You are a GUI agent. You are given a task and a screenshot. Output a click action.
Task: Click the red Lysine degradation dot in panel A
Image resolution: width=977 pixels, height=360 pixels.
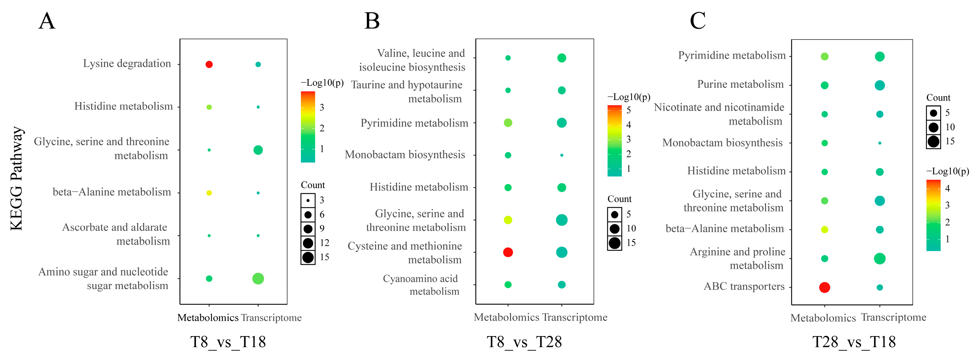(209, 64)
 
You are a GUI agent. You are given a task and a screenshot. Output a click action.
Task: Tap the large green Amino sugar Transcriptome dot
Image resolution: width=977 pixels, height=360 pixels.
(258, 279)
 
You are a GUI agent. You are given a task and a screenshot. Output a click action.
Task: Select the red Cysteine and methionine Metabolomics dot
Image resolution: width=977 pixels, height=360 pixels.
(508, 252)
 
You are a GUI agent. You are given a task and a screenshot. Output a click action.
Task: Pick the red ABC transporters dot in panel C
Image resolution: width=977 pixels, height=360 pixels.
(825, 287)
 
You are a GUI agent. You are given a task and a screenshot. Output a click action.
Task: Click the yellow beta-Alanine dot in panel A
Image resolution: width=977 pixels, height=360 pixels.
(209, 193)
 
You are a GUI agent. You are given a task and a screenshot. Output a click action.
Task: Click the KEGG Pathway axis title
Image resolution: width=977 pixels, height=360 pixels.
(17, 178)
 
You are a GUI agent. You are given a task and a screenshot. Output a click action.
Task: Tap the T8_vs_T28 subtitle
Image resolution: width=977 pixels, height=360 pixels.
(524, 342)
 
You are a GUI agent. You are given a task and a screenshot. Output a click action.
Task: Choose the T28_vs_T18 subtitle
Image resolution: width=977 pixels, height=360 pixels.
(854, 342)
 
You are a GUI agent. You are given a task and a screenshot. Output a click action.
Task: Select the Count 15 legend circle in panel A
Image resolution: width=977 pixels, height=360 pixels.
(308, 258)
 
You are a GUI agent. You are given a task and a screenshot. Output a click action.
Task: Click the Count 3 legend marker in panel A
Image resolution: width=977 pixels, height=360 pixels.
(308, 200)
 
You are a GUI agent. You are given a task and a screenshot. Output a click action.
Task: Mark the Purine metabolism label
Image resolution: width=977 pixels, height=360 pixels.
(740, 84)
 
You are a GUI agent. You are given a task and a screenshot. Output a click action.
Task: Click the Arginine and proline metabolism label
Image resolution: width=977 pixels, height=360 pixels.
(737, 258)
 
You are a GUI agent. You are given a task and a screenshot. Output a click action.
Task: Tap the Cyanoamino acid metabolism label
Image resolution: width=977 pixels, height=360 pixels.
(421, 285)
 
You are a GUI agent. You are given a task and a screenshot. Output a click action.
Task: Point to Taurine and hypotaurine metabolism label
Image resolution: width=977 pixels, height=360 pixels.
(407, 91)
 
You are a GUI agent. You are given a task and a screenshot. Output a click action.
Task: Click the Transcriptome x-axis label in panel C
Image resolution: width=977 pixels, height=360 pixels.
(894, 318)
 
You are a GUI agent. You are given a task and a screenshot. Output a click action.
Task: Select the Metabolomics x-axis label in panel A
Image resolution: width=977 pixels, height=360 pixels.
(208, 318)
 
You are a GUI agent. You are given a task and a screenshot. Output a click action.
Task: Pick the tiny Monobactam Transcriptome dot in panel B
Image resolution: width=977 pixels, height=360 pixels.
(562, 155)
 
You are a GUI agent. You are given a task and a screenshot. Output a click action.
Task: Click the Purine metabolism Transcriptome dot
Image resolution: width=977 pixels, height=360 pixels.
(880, 85)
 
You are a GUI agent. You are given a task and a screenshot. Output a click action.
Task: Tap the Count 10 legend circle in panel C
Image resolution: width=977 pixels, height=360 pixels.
(933, 128)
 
